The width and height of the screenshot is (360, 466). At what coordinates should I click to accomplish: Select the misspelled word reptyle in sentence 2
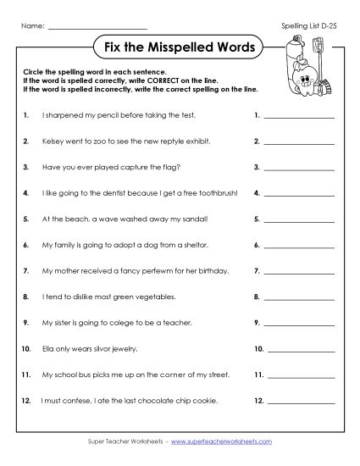point(173,141)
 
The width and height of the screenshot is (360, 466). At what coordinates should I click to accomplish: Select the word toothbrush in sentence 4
point(219,193)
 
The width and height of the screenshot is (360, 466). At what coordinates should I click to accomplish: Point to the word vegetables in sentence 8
point(151,297)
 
